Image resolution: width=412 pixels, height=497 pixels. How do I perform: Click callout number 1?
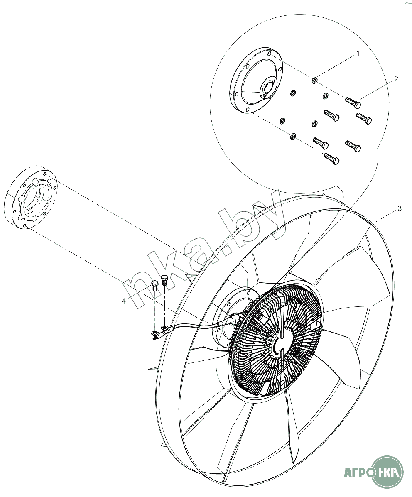[x=358, y=54]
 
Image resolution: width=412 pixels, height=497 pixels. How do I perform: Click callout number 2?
[x=396, y=78]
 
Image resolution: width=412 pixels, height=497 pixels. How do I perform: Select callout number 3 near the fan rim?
[x=400, y=208]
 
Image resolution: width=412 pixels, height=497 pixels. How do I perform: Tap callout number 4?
[x=123, y=301]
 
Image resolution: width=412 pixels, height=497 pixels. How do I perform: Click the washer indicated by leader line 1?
[x=315, y=79]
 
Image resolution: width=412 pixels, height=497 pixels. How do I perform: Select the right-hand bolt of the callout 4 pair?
[x=164, y=280]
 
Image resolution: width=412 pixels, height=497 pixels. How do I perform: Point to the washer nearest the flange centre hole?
[x=292, y=92]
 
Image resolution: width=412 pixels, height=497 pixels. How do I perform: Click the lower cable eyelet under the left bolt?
[x=154, y=333]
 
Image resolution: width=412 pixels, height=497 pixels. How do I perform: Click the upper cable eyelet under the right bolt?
[x=164, y=328]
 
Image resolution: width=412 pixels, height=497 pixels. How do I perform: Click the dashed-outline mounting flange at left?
[x=32, y=197]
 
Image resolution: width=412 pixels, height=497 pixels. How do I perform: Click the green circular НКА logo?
[x=388, y=472]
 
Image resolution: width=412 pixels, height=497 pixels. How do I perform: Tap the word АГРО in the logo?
[x=356, y=473]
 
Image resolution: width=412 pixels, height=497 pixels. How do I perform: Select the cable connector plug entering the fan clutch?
[x=235, y=318]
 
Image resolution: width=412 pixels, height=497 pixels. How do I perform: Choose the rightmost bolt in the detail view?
[x=363, y=118]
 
